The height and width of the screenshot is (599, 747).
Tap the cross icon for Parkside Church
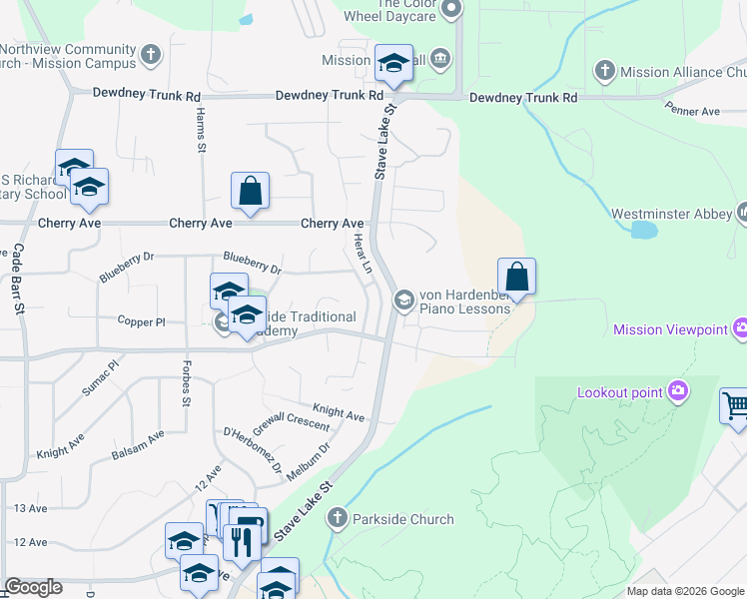click(x=337, y=518)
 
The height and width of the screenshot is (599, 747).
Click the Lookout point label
click(x=619, y=392)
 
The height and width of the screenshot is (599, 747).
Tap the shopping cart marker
click(x=735, y=406)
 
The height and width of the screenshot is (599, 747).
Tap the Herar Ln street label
click(x=363, y=255)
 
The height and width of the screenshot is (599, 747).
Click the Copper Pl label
click(x=141, y=322)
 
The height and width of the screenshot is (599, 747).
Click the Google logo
click(x=34, y=587)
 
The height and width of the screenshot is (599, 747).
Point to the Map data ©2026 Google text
click(x=684, y=591)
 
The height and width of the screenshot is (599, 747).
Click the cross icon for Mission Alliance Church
click(x=604, y=71)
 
